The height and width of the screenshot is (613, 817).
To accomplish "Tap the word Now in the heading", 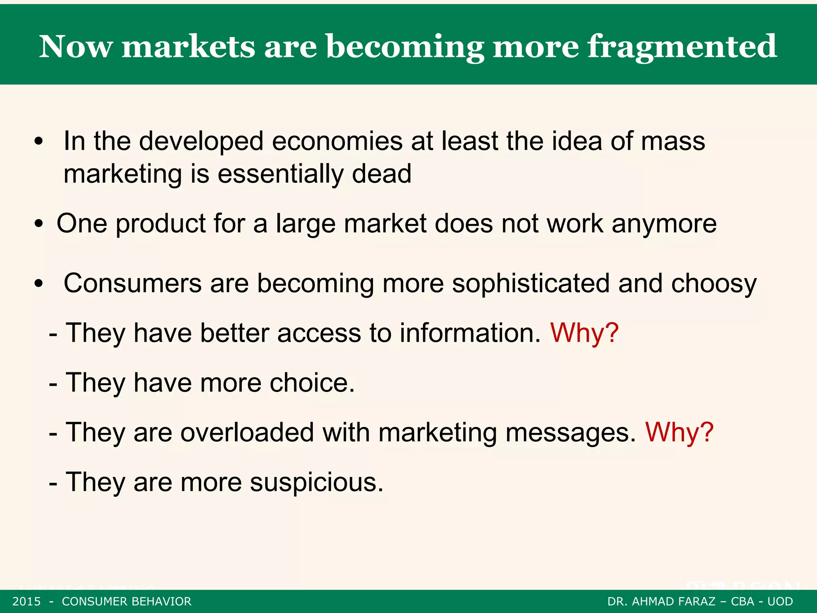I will (76, 47).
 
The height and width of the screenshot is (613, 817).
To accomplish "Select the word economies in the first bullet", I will (337, 141).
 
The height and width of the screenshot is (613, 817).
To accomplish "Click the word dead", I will (381, 174).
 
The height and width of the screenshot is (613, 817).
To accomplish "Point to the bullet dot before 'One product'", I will (38, 224).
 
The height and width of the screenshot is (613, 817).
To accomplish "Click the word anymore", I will (664, 224).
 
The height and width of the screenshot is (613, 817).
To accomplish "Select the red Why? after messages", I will (679, 433).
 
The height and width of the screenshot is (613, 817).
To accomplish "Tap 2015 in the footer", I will (27, 601).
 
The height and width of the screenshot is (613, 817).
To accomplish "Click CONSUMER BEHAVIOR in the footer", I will (126, 601).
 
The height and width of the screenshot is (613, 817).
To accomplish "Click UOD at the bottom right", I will (780, 601).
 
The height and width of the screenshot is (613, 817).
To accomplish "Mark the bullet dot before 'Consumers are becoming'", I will (38, 284).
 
